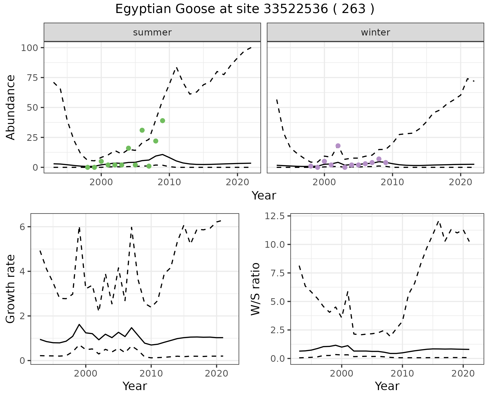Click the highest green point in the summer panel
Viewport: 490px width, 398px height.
(x=163, y=121)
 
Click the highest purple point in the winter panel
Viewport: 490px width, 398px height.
(x=338, y=146)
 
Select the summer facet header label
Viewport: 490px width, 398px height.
(x=152, y=32)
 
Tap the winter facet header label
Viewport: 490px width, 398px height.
(x=375, y=32)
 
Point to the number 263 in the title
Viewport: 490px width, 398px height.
(x=353, y=9)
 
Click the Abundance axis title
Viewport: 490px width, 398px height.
(x=11, y=107)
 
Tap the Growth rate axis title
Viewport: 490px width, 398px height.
(x=11, y=289)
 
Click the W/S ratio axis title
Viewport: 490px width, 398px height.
(x=255, y=289)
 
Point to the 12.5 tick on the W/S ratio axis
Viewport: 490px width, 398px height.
(x=275, y=216)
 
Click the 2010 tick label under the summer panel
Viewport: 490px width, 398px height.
(x=169, y=182)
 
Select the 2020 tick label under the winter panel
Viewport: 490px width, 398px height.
(x=461, y=182)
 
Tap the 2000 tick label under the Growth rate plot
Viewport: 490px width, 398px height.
(x=86, y=374)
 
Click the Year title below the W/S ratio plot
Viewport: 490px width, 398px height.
(x=387, y=386)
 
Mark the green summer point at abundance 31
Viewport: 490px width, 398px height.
(x=142, y=130)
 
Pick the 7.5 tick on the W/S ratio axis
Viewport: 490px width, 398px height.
(x=278, y=273)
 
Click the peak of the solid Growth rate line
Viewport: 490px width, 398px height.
(x=79, y=324)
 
